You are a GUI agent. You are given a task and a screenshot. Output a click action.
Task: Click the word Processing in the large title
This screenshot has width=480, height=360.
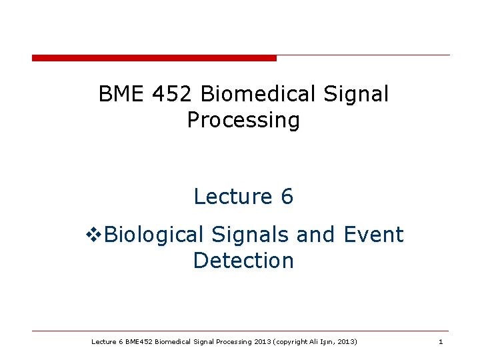tap(243, 121)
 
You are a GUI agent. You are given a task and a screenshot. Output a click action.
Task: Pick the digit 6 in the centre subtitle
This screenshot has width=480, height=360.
tap(287, 197)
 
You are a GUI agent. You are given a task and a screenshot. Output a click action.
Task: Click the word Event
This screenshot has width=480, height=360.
tap(373, 235)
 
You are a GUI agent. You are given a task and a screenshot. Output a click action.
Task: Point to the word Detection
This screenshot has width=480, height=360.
tap(243, 261)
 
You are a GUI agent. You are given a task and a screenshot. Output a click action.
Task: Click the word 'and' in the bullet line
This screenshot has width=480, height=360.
tap(317, 235)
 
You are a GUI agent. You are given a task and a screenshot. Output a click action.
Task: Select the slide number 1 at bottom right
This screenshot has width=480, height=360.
tap(441, 342)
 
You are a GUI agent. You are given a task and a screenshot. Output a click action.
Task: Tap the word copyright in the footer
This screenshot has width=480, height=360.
tap(291, 342)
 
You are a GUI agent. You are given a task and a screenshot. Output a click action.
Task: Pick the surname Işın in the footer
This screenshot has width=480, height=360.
tap(329, 342)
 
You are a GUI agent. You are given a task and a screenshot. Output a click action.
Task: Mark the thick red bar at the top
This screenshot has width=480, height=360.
tap(154, 58)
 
